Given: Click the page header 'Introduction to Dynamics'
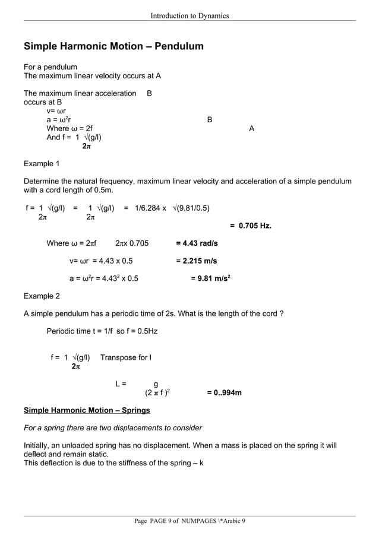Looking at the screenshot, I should [190, 15].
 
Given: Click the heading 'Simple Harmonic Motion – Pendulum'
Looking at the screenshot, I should [113, 46].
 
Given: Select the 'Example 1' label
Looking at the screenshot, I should [42, 163].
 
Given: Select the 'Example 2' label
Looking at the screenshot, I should [42, 296].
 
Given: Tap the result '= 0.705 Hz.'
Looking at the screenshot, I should [250, 226].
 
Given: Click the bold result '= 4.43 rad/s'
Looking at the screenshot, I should [197, 243].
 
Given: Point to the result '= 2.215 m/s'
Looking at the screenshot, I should [197, 261].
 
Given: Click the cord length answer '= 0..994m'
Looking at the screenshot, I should [224, 393].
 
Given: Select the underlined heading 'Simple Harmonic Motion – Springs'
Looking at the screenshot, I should [87, 410].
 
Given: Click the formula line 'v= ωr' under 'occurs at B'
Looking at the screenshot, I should [56, 111].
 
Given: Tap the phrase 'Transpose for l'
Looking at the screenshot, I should [126, 357].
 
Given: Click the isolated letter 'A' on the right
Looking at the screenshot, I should [252, 129].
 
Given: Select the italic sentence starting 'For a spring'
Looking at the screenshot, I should [112, 427].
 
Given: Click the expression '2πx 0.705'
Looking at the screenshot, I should [132, 243].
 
